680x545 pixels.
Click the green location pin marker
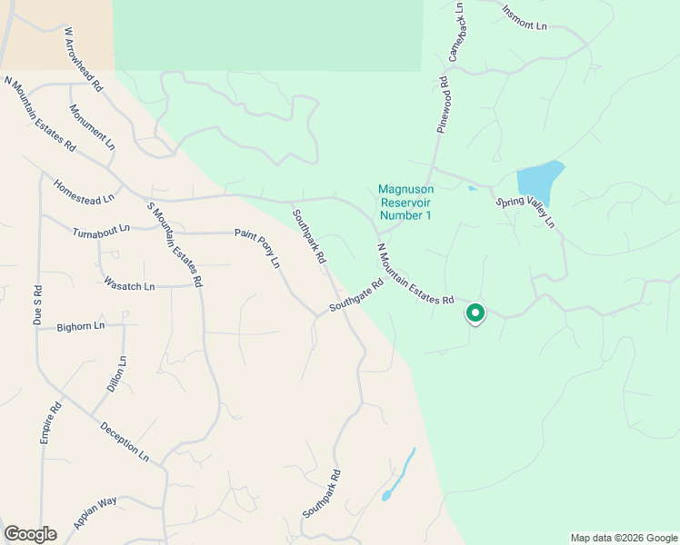(475, 313)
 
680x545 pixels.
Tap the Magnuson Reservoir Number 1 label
(405, 203)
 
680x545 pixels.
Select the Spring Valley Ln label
(525, 211)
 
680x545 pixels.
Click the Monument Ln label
(93, 126)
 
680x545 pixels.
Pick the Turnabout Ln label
(101, 232)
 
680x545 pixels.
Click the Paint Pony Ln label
(257, 248)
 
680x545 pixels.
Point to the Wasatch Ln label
(130, 286)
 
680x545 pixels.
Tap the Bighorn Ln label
(81, 325)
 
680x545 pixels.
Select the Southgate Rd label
(356, 295)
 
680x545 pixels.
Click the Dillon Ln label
(116, 374)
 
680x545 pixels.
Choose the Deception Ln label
(124, 441)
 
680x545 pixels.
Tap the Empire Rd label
(49, 424)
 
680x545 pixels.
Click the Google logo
(30, 534)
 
